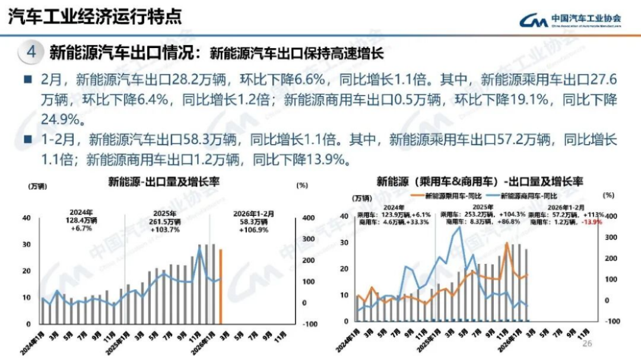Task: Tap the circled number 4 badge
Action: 31,52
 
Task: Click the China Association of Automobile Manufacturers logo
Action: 570,20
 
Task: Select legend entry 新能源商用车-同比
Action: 523,195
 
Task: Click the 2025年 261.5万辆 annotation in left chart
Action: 164,221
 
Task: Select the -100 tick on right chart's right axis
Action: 611,321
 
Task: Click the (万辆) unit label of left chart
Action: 37,186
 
